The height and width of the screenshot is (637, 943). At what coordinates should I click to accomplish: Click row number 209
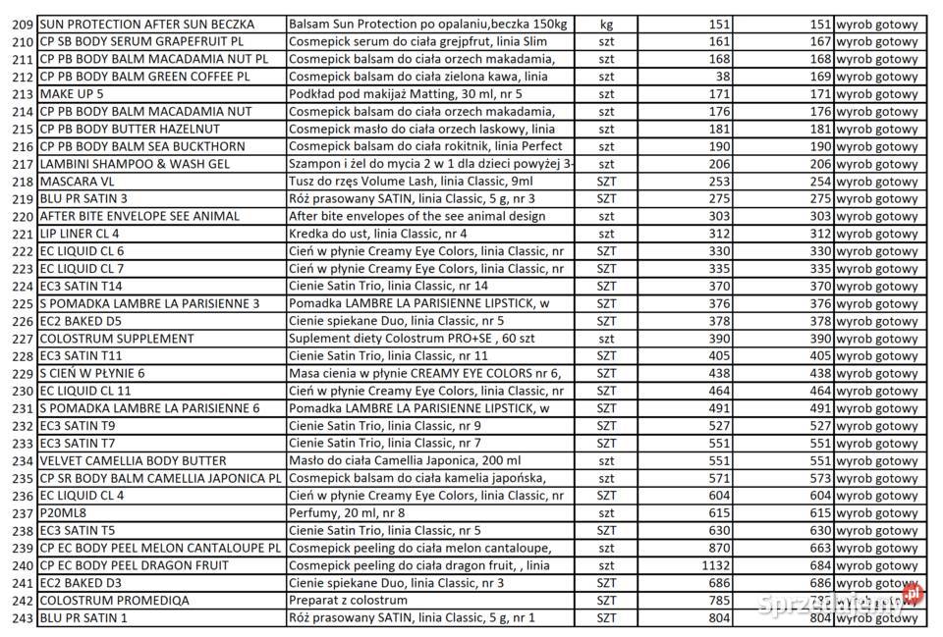(23, 24)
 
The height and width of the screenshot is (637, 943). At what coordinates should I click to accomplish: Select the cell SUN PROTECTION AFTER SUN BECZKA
(147, 24)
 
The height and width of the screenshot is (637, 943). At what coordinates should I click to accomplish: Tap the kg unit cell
(606, 24)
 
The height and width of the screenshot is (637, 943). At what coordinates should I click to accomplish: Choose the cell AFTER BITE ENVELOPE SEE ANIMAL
(139, 216)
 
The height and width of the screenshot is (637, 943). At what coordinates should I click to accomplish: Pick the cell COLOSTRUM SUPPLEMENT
(117, 339)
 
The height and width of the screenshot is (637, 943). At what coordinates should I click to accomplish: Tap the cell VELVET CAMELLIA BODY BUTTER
(133, 460)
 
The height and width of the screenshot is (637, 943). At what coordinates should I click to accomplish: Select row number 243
(23, 617)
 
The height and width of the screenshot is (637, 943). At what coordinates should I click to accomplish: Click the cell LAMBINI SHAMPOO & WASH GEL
(134, 164)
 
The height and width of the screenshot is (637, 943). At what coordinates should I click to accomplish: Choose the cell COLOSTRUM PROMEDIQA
(115, 600)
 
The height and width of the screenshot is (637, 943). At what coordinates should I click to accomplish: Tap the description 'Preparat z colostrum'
(349, 600)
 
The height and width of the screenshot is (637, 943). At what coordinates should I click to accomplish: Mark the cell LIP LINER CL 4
(80, 234)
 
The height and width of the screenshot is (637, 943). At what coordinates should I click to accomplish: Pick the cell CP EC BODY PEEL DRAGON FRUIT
(134, 565)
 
